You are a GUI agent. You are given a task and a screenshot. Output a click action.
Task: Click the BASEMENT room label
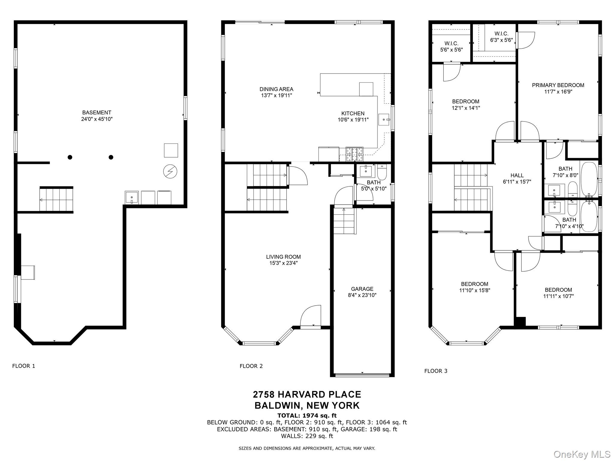[x=97, y=113]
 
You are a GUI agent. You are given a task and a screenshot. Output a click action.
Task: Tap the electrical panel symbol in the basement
[x=170, y=172]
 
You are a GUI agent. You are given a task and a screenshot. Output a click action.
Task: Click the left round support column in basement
[x=70, y=157]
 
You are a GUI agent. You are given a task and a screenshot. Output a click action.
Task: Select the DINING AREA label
[x=276, y=89]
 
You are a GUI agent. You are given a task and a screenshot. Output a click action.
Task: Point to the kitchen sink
[x=384, y=119]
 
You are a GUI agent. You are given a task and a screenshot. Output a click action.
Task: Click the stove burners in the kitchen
[x=354, y=155]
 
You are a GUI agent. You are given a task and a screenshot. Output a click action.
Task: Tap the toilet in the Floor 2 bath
[x=382, y=172]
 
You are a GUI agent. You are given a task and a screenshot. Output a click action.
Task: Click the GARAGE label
[x=362, y=289]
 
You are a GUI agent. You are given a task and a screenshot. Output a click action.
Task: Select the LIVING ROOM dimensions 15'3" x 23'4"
[x=283, y=263]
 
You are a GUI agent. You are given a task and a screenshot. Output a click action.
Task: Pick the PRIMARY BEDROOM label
[x=558, y=85]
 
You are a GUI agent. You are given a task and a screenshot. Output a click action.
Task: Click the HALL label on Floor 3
[x=517, y=175]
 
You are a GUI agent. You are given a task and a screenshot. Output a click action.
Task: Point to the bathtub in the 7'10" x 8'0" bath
[x=589, y=179]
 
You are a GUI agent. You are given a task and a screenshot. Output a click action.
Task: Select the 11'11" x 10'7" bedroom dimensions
[x=558, y=296]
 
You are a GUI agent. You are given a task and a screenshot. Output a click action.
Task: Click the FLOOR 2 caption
[x=251, y=366]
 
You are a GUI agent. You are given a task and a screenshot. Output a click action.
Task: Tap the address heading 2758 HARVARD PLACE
[x=307, y=394]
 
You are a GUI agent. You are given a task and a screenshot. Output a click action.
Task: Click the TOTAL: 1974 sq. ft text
[x=307, y=415]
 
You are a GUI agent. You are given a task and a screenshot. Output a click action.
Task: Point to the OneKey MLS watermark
[x=582, y=454]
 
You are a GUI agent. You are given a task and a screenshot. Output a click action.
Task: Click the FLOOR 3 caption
[x=436, y=371]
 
